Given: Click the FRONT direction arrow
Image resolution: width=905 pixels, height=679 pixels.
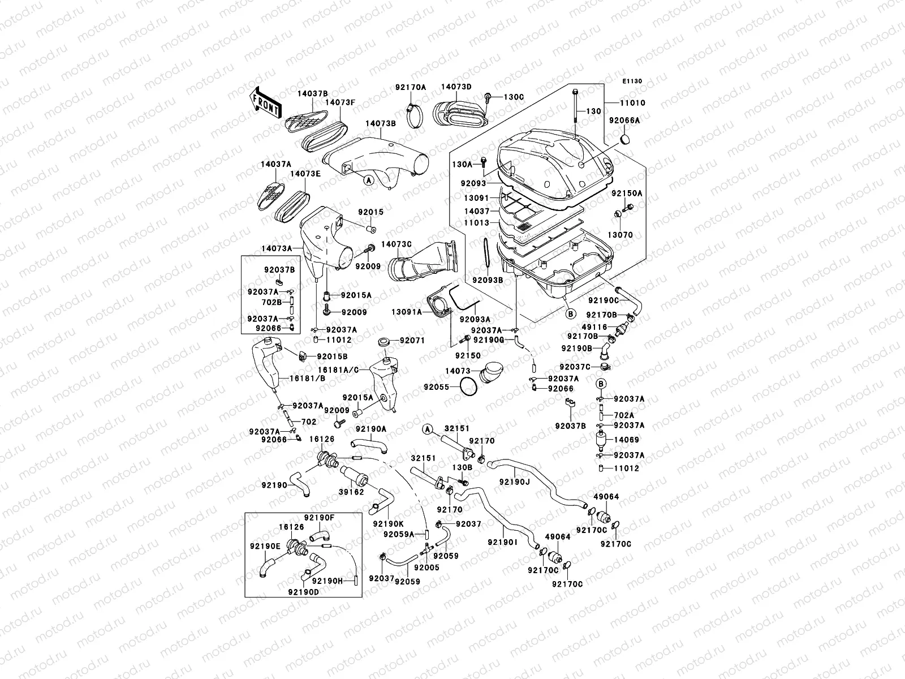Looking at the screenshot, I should click(x=266, y=101).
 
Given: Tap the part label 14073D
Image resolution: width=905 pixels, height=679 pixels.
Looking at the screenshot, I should click(x=456, y=87).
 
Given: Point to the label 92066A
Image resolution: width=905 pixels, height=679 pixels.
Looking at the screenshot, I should click(x=624, y=121).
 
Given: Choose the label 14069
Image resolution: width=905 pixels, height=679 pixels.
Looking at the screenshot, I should click(x=626, y=440).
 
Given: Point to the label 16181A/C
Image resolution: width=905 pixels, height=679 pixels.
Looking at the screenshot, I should click(x=338, y=369).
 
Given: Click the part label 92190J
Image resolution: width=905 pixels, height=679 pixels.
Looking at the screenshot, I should click(x=514, y=482).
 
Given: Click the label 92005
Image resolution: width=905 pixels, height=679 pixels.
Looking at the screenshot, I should click(x=426, y=567).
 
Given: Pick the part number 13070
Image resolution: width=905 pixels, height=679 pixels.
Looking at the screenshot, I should click(x=620, y=235).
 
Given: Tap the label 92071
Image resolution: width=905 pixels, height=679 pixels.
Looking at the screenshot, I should click(x=412, y=341).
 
